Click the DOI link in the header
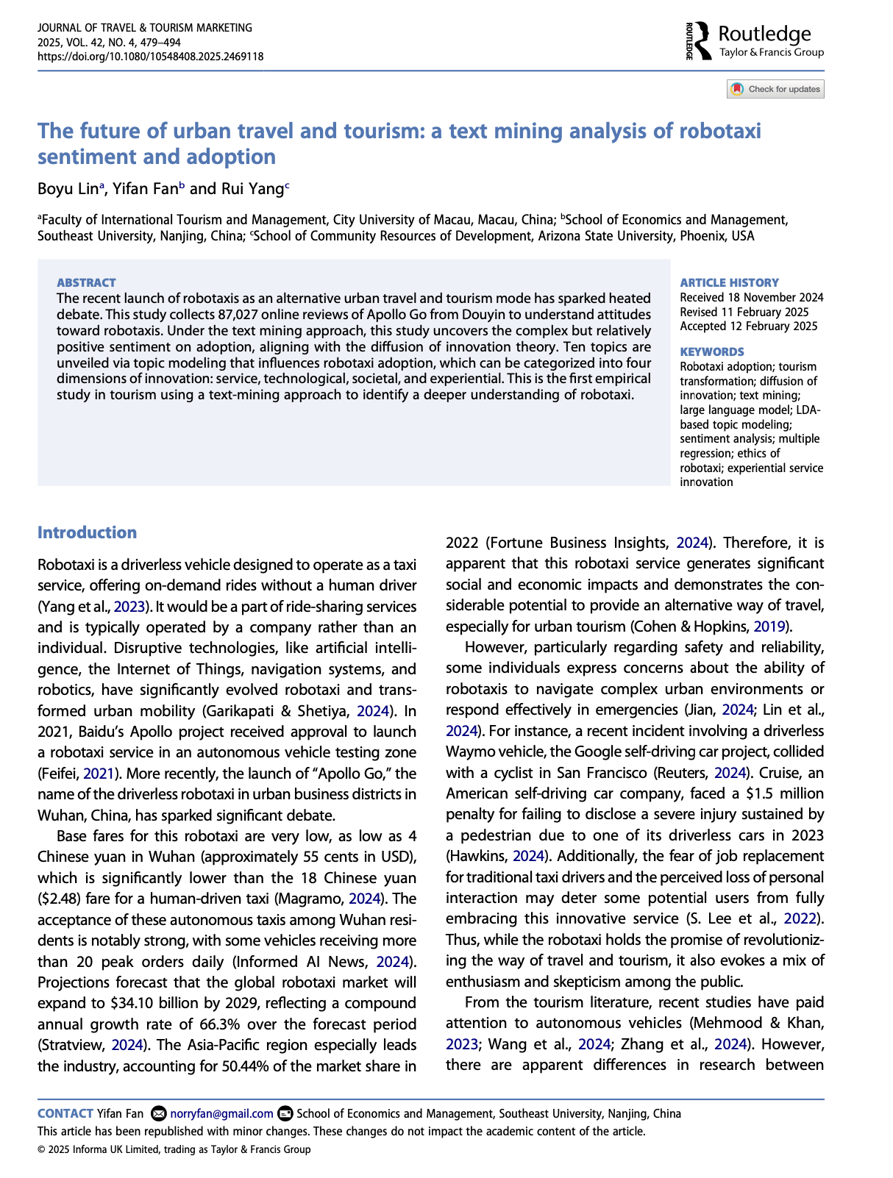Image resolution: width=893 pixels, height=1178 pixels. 150,57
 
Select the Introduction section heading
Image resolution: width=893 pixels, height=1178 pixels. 87,532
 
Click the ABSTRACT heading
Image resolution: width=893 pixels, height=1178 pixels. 86,282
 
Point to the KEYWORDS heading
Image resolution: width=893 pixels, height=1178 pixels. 711,351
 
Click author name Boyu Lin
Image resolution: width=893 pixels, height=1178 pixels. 68,188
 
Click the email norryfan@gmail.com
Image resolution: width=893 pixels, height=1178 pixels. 221,1113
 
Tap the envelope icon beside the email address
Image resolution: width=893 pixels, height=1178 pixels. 157,1113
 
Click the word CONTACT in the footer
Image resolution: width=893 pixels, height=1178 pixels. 65,1113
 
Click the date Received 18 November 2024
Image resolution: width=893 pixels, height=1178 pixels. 751,297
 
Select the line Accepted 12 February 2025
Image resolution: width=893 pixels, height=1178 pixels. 748,326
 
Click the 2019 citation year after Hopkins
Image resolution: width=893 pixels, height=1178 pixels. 771,627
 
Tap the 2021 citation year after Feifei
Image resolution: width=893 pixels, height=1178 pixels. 97,773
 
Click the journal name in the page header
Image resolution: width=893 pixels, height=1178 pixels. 144,27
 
